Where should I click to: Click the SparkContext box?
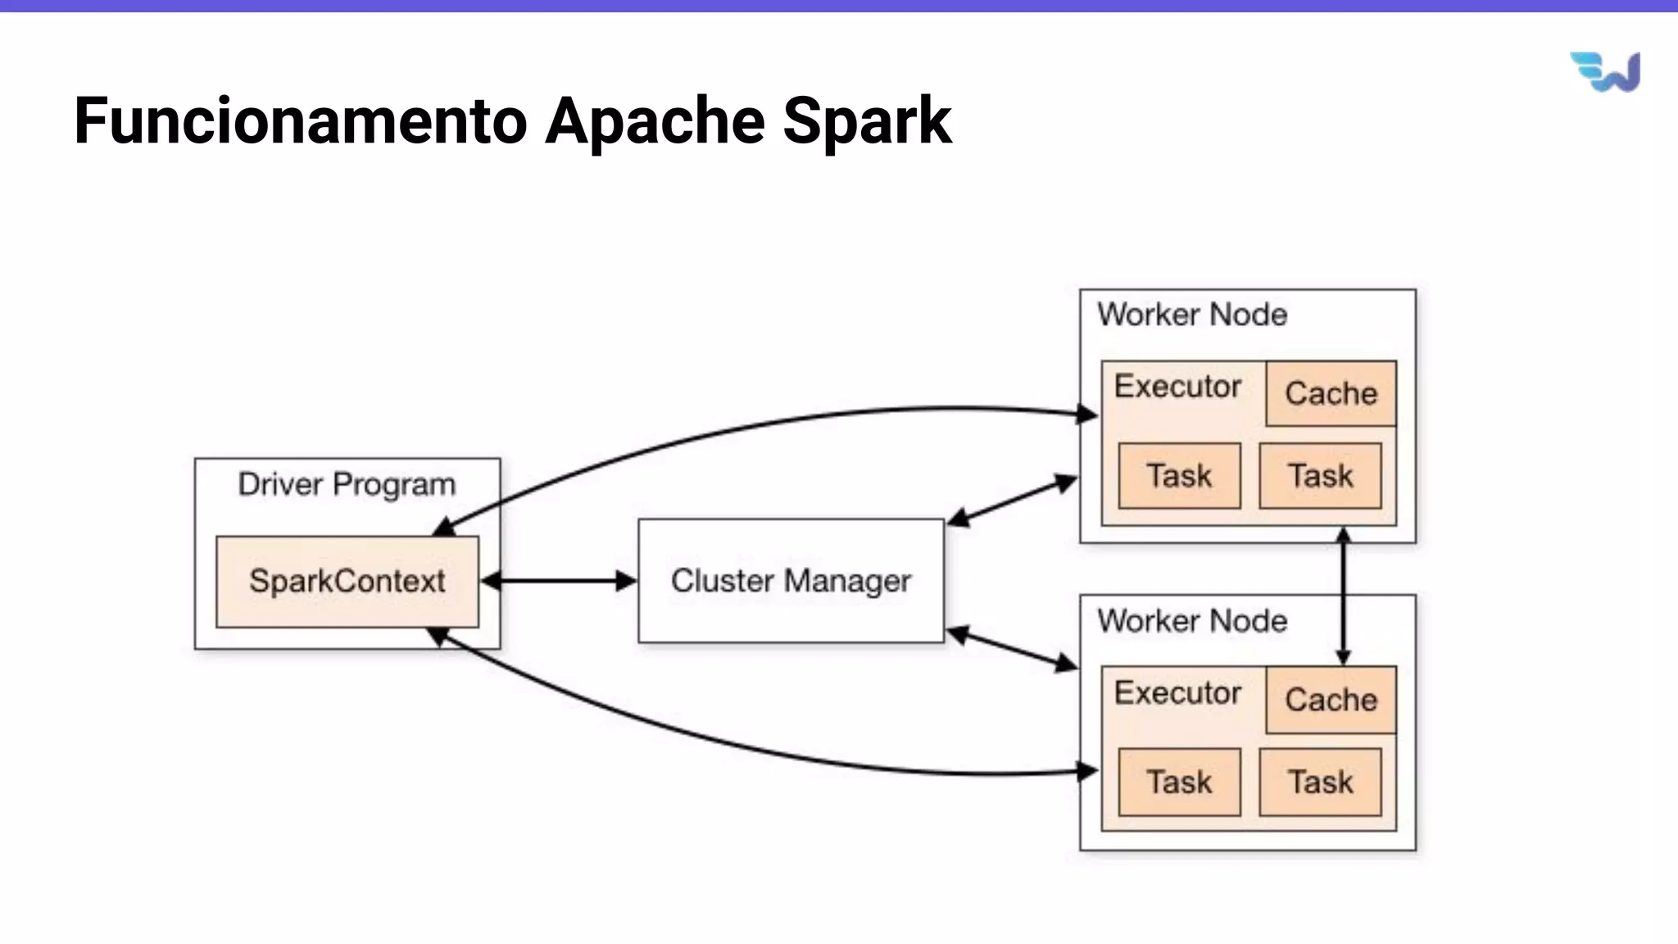pos(347,582)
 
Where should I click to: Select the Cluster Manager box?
pos(791,580)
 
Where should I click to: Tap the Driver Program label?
pos(347,484)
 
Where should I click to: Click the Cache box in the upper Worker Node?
pos(1331,393)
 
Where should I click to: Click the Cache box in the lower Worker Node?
pos(1331,700)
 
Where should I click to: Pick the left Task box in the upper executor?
pos(1179,476)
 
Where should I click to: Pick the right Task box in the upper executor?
pos(1320,476)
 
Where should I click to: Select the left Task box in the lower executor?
pos(1179,782)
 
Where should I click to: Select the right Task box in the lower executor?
pos(1320,782)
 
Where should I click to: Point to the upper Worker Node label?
pos(1192,315)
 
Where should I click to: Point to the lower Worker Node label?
pos(1192,621)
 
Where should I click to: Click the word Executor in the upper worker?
pos(1177,386)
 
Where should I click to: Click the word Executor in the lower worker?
pos(1177,693)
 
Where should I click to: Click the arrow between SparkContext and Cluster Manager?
pos(559,581)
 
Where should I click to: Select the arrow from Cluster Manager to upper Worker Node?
pos(1013,500)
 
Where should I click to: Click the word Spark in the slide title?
pos(867,121)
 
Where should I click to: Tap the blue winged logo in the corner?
pos(1605,72)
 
